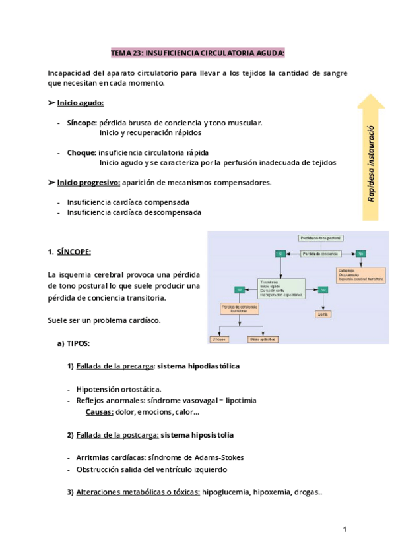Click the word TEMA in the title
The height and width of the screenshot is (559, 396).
pos(121,52)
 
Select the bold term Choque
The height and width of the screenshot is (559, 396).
pos(81,152)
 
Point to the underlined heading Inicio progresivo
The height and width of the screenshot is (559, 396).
pos(88,182)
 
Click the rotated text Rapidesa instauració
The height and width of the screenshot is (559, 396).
pos(372,164)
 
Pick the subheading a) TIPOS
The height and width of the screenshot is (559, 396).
pos(73,343)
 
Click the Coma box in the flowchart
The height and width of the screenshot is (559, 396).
pos(323,314)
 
